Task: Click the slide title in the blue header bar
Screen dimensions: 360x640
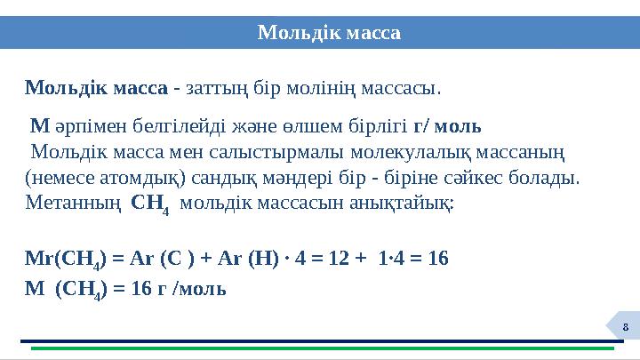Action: point(329,33)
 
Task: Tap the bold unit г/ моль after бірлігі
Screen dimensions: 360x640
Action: point(449,124)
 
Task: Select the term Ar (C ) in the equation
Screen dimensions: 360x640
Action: point(157,260)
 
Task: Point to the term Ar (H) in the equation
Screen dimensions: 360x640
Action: point(244,260)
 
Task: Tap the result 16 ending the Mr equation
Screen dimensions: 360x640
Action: point(437,260)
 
